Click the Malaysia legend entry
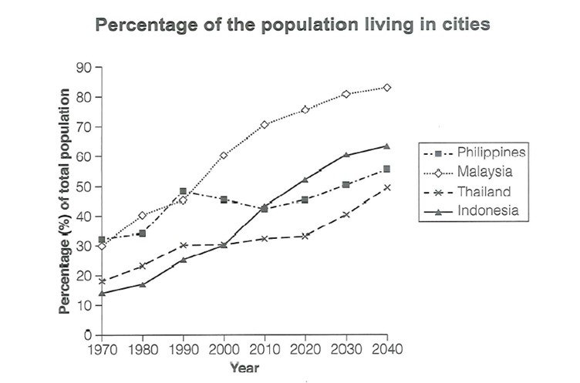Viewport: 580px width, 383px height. click(487, 172)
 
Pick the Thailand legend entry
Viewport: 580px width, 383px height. click(487, 190)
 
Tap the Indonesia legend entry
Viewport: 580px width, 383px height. click(491, 210)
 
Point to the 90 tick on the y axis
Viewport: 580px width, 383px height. click(83, 68)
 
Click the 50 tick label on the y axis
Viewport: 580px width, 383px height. click(83, 187)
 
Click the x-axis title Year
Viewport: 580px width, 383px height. click(244, 368)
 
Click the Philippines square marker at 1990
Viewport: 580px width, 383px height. click(183, 191)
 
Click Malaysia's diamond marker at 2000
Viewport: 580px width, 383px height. click(224, 156)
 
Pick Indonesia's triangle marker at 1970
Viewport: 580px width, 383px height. click(101, 293)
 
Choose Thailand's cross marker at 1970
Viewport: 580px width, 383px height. click(101, 281)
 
